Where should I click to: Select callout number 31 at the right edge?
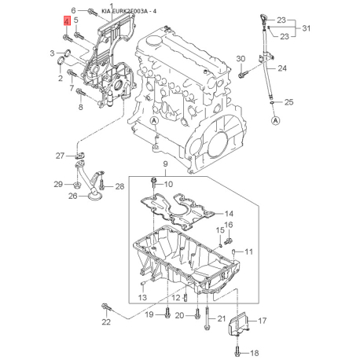pyautogui.click(x=308, y=29)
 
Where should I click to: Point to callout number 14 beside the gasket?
pyautogui.click(x=230, y=214)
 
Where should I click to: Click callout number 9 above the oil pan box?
pyautogui.click(x=165, y=163)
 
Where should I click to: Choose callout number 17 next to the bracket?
pyautogui.click(x=263, y=321)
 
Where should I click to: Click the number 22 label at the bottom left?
pyautogui.click(x=106, y=322)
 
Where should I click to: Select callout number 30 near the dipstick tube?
pyautogui.click(x=241, y=59)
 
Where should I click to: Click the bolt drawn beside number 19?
pyautogui.click(x=167, y=315)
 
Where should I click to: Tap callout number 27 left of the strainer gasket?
pyautogui.click(x=60, y=156)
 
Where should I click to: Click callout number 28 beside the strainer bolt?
pyautogui.click(x=119, y=186)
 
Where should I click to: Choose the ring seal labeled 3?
pyautogui.click(x=67, y=54)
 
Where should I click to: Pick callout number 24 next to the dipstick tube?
pyautogui.click(x=281, y=68)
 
